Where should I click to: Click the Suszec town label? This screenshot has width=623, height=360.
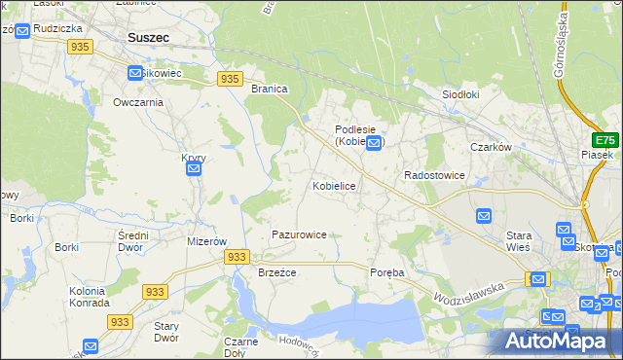point(148,38)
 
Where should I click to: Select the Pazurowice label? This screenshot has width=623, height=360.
point(299,234)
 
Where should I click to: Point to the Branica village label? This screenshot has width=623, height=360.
point(270,89)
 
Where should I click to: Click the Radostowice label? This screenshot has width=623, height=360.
point(434,175)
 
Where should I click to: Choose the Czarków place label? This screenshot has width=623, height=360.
point(491,147)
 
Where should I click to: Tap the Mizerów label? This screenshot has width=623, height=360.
point(206,241)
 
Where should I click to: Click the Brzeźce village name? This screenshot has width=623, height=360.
point(276,272)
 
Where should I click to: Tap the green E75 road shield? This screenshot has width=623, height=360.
point(605,139)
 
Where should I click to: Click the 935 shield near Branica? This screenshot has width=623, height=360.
point(230,79)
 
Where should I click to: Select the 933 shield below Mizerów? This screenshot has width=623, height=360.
point(237,256)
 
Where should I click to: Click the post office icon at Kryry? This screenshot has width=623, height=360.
point(193,169)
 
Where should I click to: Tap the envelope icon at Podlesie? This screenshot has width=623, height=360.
point(374,142)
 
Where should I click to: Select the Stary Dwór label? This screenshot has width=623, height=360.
point(166,332)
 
